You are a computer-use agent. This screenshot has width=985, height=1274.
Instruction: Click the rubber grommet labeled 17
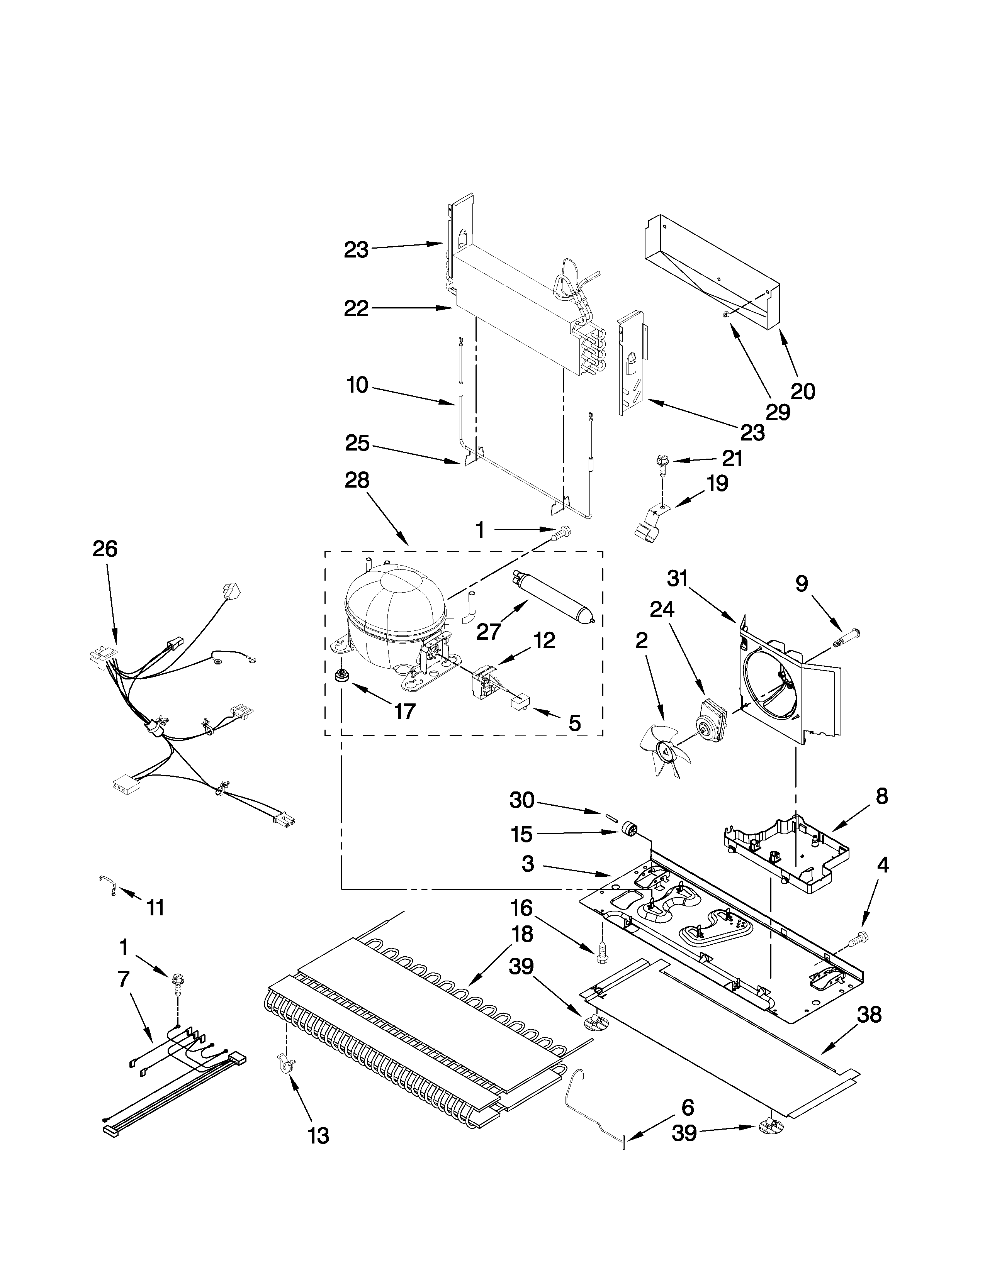[x=340, y=677]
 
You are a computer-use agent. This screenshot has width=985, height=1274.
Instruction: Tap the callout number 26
[x=105, y=549]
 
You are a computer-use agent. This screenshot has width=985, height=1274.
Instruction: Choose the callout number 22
[x=356, y=308]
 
